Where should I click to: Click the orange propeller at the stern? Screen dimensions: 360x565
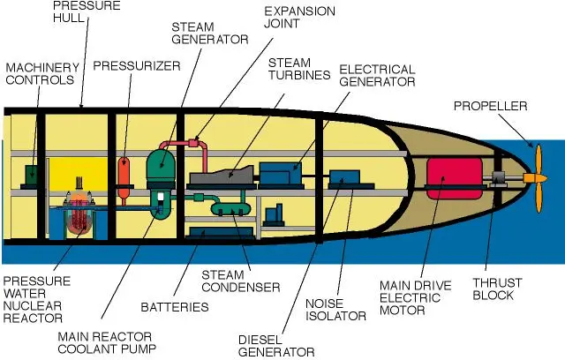click(x=533, y=177)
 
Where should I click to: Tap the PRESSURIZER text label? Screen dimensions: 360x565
click(x=137, y=65)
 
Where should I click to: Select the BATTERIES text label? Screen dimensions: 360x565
click(x=175, y=307)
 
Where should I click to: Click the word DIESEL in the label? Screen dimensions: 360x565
click(x=262, y=339)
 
